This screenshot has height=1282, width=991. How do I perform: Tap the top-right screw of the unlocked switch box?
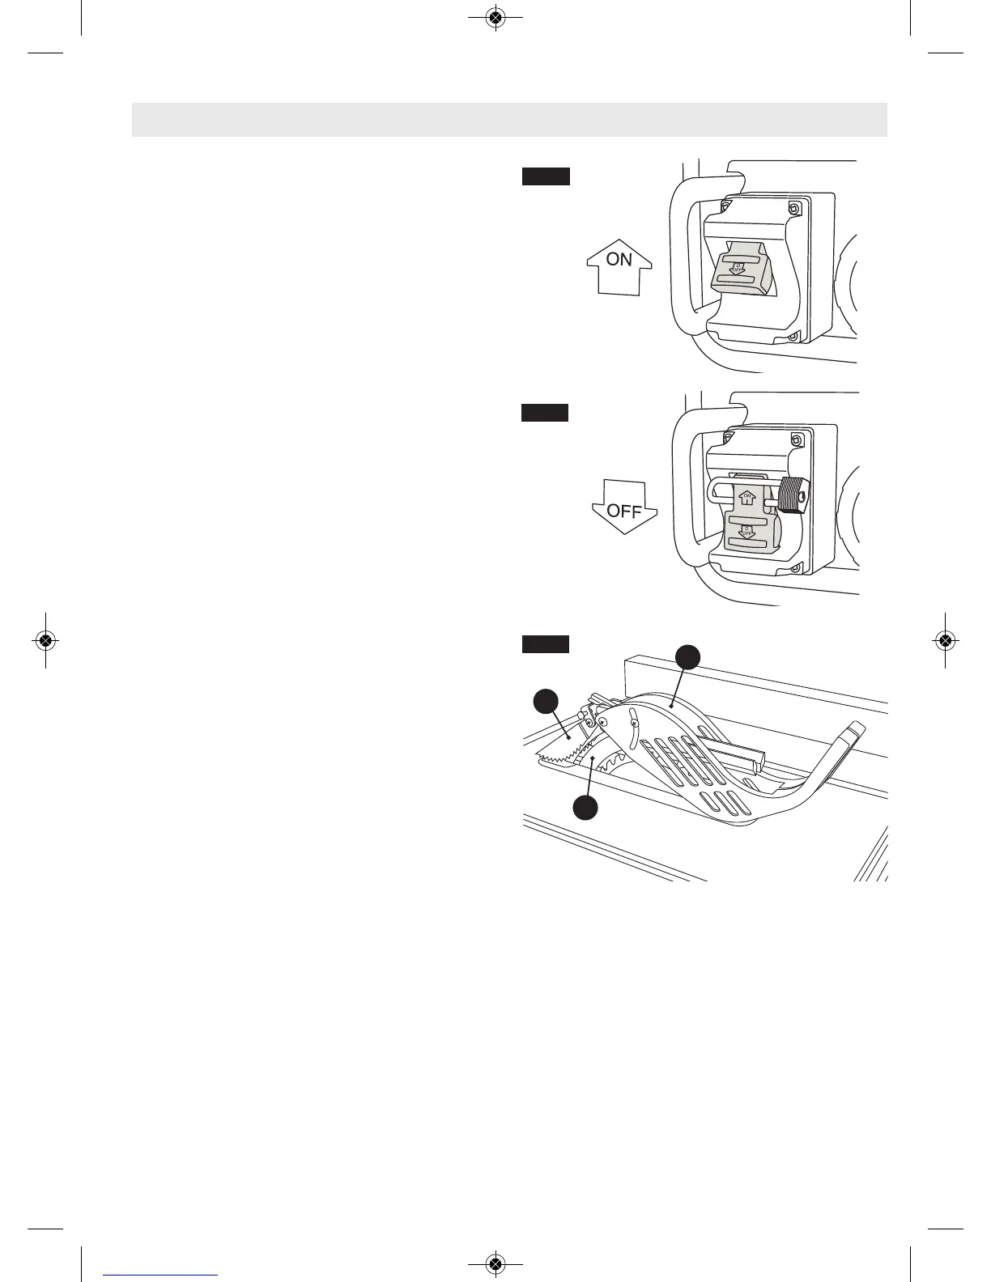(x=794, y=209)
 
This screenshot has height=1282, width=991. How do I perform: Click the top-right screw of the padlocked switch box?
(x=797, y=440)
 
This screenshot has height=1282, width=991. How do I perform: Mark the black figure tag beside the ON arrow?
(x=546, y=176)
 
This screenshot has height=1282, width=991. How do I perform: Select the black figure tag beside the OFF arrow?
(x=544, y=413)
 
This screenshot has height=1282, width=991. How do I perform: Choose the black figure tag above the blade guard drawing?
(x=545, y=644)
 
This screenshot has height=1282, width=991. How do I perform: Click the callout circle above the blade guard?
(x=687, y=656)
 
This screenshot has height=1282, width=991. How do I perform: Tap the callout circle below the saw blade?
(x=585, y=807)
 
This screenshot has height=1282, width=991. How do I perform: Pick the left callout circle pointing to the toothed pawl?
(x=546, y=700)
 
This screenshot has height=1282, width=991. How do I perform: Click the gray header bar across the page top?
(x=509, y=120)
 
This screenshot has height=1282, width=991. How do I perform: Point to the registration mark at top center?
(x=496, y=17)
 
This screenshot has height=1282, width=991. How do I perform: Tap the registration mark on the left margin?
(x=46, y=640)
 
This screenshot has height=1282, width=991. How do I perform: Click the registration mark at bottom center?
(x=496, y=1264)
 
